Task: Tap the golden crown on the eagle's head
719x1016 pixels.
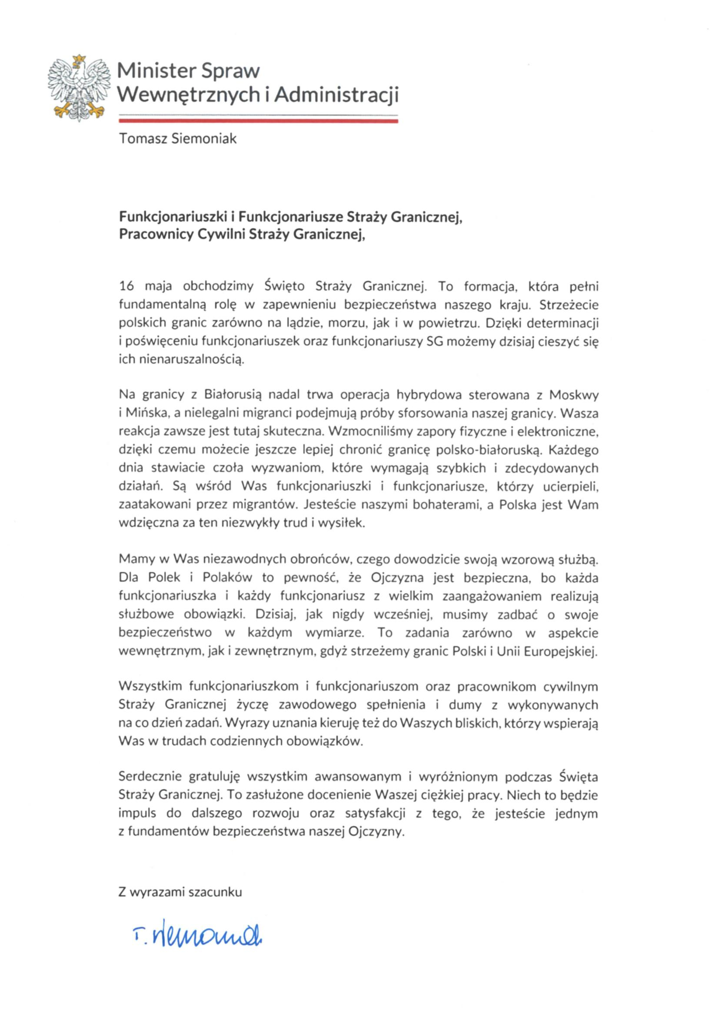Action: [x=79, y=58]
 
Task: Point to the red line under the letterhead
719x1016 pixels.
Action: [x=259, y=120]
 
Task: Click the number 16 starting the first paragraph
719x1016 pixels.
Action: [x=126, y=286]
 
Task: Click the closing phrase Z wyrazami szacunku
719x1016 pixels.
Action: [x=180, y=892]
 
